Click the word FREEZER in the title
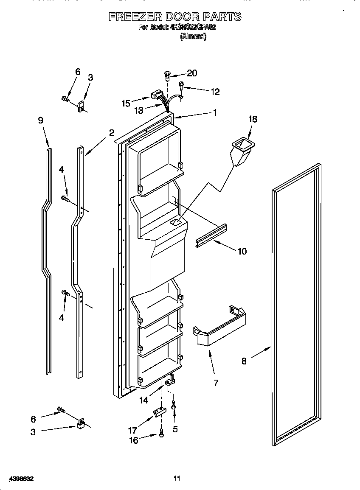134,17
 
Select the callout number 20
192,73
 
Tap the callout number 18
252,119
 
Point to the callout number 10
242,251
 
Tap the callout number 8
244,361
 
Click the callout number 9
40,120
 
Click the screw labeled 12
181,85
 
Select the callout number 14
143,400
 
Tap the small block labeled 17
159,412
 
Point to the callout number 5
175,429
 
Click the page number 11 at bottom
177,479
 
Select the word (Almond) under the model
193,37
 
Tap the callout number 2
111,132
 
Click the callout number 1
215,112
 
